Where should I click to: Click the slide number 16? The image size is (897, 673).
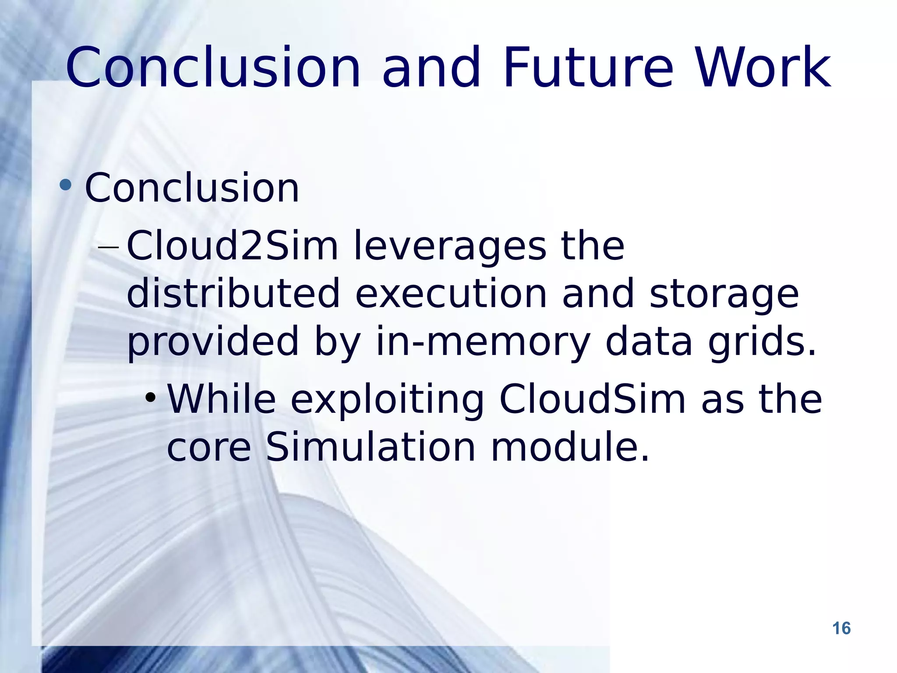pyautogui.click(x=841, y=628)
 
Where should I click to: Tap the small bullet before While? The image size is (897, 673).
pyautogui.click(x=151, y=398)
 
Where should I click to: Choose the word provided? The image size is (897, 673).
pyautogui.click(x=213, y=342)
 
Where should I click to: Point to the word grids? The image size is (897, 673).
pyautogui.click(x=762, y=342)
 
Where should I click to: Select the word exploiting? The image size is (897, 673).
pyautogui.click(x=387, y=400)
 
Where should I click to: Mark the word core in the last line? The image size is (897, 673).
pyautogui.click(x=209, y=449)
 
